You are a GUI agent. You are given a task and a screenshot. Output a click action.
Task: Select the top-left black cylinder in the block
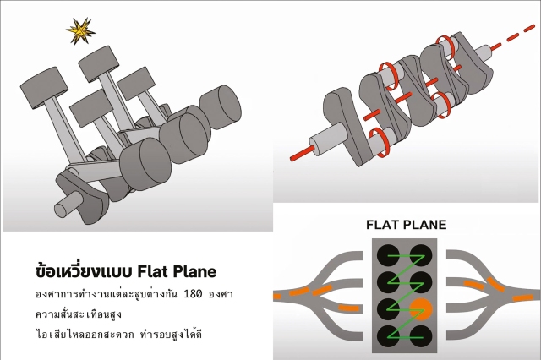389,254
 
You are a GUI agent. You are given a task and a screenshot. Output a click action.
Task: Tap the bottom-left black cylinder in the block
389,331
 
